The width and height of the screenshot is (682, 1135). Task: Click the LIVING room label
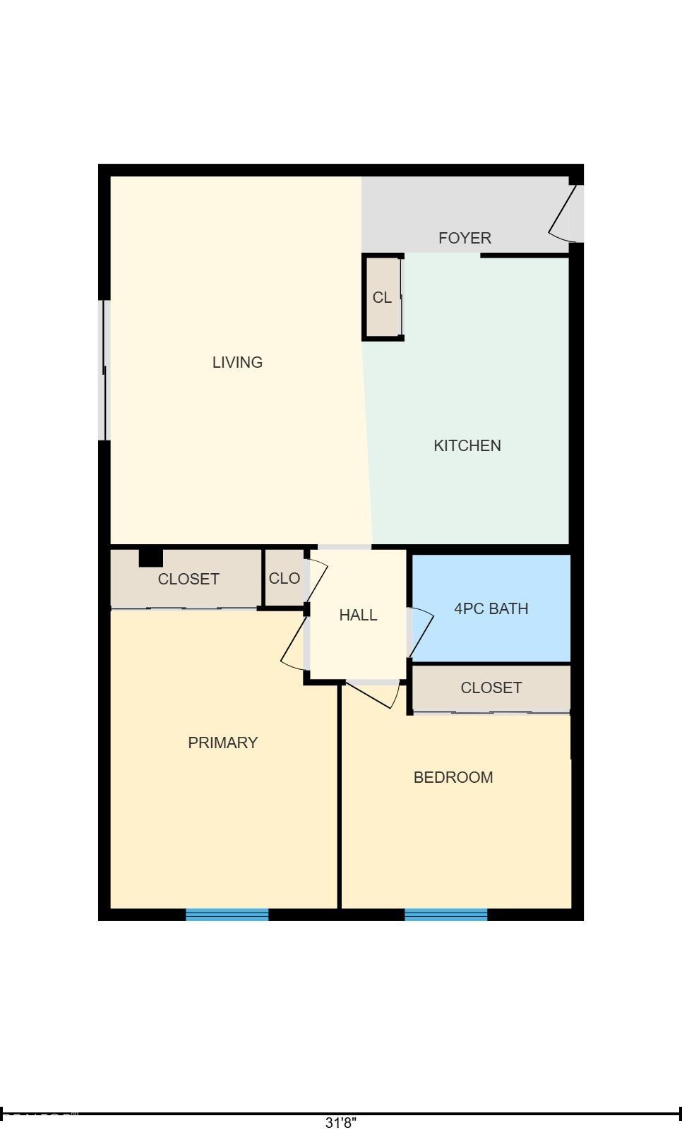click(237, 362)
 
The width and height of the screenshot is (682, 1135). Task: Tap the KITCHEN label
click(467, 445)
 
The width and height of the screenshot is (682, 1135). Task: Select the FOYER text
click(465, 238)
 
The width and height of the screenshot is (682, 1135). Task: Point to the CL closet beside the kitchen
click(382, 297)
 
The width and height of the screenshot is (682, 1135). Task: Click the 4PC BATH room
click(491, 608)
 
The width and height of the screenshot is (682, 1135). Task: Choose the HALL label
click(358, 615)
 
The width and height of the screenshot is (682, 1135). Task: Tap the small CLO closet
click(285, 578)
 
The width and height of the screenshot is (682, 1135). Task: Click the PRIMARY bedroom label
click(222, 743)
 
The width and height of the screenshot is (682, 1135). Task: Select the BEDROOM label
click(453, 777)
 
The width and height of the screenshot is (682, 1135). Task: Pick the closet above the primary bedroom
click(189, 579)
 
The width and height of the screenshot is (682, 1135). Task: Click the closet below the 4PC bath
click(491, 687)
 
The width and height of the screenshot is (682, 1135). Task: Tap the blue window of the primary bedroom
click(227, 915)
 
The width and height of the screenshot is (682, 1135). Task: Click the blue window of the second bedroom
click(445, 915)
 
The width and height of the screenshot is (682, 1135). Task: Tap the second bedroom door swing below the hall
click(375, 695)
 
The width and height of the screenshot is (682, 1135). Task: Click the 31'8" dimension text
click(341, 1122)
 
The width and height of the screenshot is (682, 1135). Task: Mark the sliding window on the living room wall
click(104, 370)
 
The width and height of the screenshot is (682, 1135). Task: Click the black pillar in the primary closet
click(150, 558)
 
